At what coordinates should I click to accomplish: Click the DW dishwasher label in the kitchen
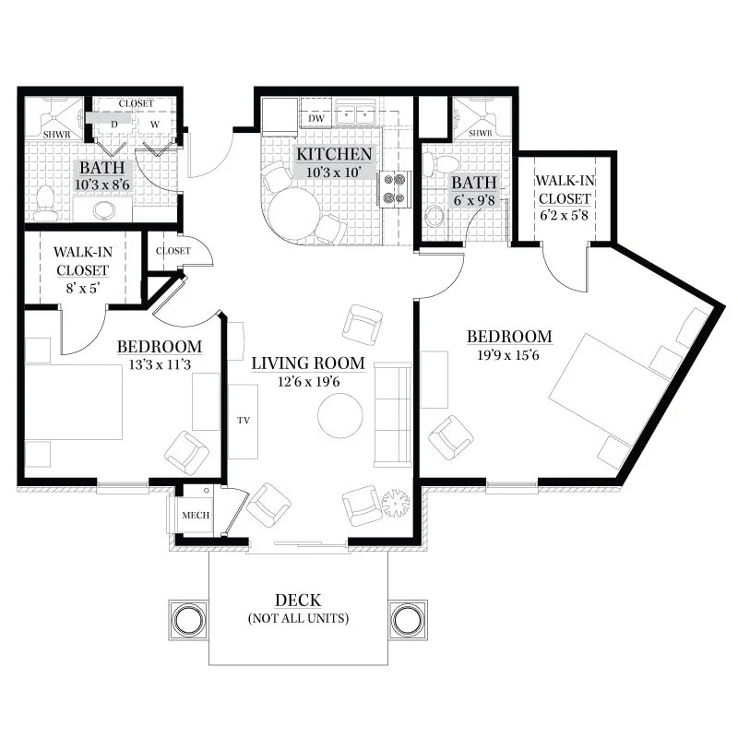(x=316, y=119)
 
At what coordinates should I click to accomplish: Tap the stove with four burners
(x=395, y=189)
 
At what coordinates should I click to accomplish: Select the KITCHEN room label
(x=334, y=154)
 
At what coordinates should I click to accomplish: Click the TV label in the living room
(x=244, y=421)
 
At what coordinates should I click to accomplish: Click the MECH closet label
(x=196, y=515)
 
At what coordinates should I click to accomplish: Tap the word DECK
(x=298, y=601)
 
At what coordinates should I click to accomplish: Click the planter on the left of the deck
(x=188, y=620)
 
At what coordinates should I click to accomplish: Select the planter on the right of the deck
(x=408, y=620)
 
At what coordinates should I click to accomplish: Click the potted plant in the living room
(x=396, y=503)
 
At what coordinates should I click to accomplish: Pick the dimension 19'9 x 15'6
(x=508, y=355)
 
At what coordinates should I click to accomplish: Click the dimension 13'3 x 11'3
(x=160, y=364)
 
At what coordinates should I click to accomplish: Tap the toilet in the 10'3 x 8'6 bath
(x=45, y=203)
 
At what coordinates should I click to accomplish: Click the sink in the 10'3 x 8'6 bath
(x=106, y=210)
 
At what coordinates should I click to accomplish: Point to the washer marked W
(x=155, y=125)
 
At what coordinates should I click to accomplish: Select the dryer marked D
(x=113, y=125)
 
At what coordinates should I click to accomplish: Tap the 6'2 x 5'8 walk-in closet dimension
(x=564, y=216)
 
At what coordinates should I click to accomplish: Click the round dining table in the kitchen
(x=294, y=214)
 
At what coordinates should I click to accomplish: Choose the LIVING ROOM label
(x=308, y=363)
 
